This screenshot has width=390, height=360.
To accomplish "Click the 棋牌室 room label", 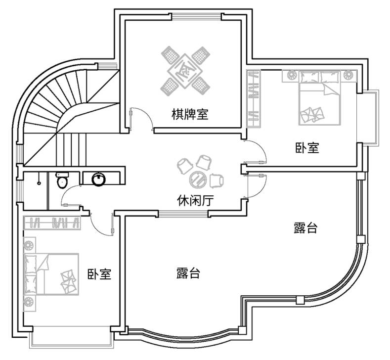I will [190, 115].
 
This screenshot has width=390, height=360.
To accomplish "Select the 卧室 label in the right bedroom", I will [307, 147].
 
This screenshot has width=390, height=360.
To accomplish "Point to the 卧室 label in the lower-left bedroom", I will [99, 273].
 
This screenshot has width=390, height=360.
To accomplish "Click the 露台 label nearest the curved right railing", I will [305, 228].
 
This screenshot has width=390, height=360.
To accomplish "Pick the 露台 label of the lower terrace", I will [188, 272].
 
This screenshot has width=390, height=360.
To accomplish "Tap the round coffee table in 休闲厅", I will [200, 179].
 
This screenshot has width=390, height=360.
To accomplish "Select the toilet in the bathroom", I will [62, 181].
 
